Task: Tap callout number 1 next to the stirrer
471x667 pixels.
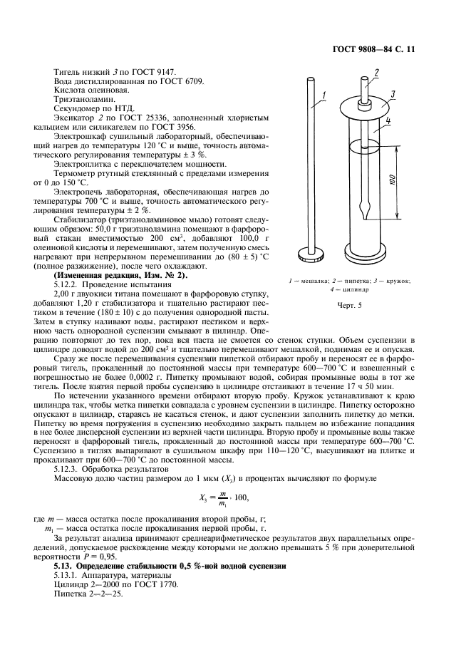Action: coord(323,95)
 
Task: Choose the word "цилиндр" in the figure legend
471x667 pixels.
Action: coord(354,290)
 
